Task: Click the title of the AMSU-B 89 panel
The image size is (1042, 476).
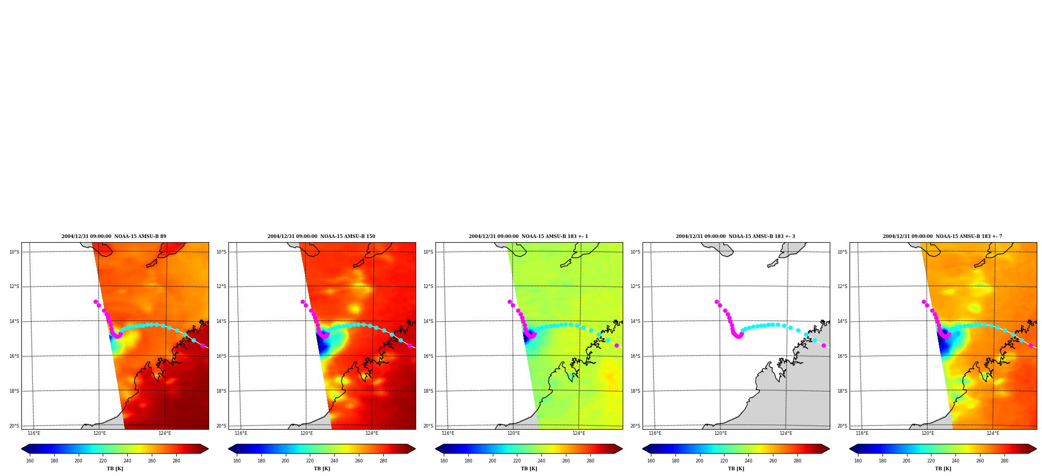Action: [114, 236]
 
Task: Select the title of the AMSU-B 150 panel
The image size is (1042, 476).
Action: [321, 236]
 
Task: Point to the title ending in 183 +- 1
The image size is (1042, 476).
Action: [528, 236]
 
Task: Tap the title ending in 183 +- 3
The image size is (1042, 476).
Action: [735, 236]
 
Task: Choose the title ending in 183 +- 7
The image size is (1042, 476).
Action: [942, 236]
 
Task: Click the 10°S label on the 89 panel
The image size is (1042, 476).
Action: [14, 252]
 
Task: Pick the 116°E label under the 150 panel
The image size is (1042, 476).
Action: [241, 433]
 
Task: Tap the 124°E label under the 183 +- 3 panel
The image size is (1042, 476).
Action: [786, 433]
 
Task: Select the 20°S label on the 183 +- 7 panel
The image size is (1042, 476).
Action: [842, 426]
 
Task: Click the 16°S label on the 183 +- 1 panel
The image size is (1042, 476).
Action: [428, 356]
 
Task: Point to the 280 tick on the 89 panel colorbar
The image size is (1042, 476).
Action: [176, 461]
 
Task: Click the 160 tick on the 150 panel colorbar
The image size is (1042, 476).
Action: [237, 461]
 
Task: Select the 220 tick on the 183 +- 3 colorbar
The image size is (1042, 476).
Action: [724, 461]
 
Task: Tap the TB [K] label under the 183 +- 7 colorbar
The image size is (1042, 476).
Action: [943, 469]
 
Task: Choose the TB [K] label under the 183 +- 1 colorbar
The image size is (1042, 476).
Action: [529, 469]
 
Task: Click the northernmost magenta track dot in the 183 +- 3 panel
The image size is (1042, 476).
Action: [717, 302]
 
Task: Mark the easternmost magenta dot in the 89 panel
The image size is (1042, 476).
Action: [203, 345]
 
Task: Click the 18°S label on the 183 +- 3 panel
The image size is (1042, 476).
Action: [635, 391]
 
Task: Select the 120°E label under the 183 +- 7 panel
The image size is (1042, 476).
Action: [927, 433]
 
